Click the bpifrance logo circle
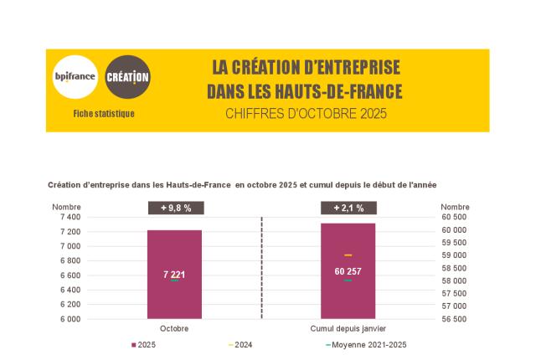75,78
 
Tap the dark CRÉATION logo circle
128,78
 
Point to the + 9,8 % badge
174,208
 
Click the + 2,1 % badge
348,208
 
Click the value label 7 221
174,274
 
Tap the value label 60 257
348,270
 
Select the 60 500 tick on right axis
454,217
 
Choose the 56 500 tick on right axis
454,319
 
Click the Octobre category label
174,329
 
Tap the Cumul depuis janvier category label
348,329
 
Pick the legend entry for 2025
144,345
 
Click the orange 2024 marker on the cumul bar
348,255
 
